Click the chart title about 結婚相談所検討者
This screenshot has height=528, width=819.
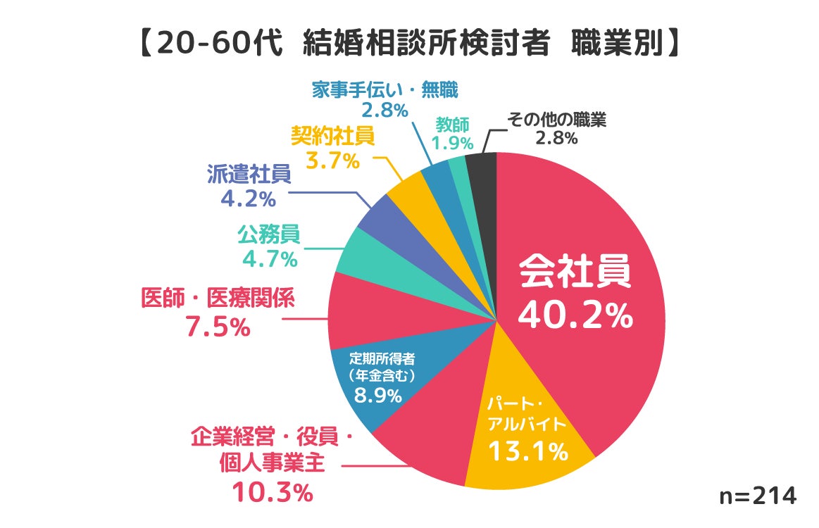click(x=408, y=43)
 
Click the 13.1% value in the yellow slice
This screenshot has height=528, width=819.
click(x=530, y=451)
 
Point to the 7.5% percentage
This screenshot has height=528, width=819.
click(x=218, y=327)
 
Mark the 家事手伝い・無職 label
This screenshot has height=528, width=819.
click(x=385, y=90)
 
